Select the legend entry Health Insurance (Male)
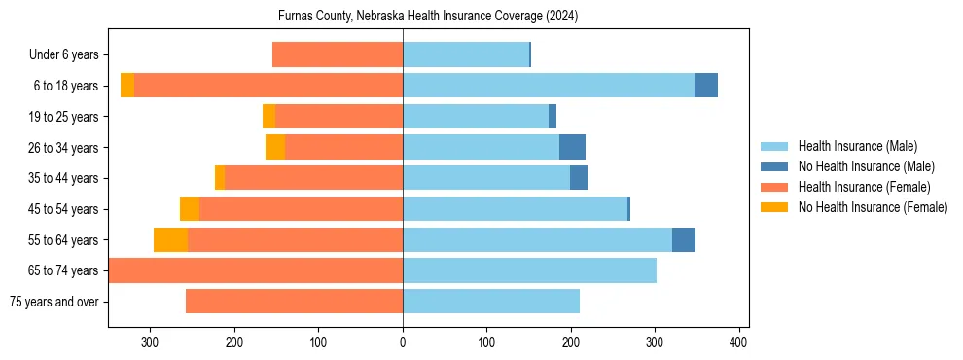click(857, 146)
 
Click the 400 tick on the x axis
click(738, 342)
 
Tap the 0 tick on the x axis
click(403, 342)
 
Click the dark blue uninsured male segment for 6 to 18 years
click(706, 86)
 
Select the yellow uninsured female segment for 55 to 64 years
click(170, 240)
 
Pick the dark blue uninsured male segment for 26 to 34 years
click(572, 147)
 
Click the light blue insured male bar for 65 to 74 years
click(529, 270)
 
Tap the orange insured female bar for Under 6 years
click(338, 55)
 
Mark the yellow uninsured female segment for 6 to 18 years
click(127, 86)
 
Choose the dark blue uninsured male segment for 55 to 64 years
click(684, 240)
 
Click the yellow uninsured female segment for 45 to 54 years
click(190, 209)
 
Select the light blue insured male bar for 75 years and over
click(491, 302)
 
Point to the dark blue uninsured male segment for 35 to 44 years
click(579, 178)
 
